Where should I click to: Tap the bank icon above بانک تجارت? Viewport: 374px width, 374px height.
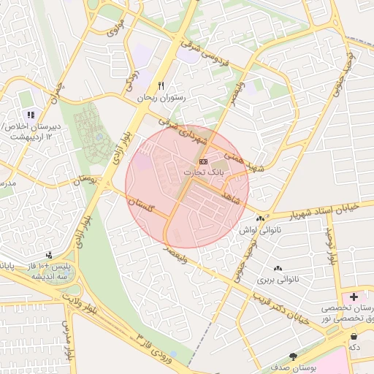pyautogui.click(x=203, y=161)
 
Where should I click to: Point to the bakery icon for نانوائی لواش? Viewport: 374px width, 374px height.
pyautogui.click(x=261, y=218)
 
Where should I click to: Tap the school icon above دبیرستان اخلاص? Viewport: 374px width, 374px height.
pyautogui.click(x=30, y=114)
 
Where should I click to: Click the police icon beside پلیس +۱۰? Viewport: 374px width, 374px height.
pyautogui.click(x=49, y=255)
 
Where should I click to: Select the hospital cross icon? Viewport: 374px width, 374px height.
pyautogui.click(x=354, y=297)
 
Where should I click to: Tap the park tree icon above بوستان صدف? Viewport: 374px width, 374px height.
pyautogui.click(x=294, y=357)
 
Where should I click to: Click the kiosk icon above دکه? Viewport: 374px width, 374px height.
pyautogui.click(x=354, y=336)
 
